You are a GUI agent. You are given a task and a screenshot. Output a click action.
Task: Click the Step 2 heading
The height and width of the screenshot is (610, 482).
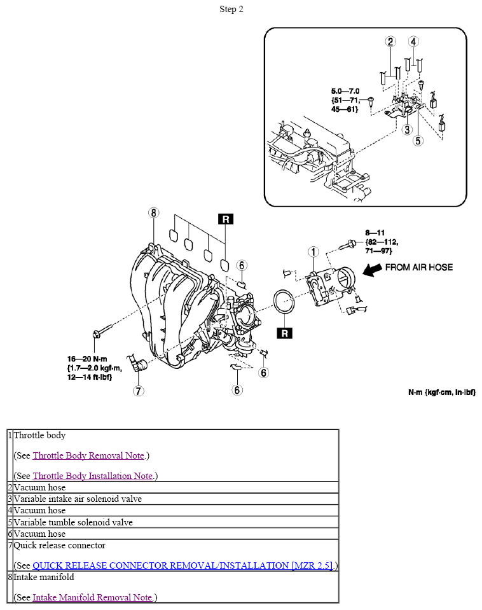pos(231,9)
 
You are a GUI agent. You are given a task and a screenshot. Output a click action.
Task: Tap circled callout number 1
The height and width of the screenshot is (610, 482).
pos(313,252)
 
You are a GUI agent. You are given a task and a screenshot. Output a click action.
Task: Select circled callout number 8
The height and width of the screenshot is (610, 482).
pos(153,212)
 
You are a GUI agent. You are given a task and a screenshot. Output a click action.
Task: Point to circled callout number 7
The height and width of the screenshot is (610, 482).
pos(139,391)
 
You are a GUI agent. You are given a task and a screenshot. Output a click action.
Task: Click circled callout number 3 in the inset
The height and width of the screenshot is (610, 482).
pos(407,129)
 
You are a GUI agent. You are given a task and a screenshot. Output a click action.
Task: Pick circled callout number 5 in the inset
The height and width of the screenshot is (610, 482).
pos(418,141)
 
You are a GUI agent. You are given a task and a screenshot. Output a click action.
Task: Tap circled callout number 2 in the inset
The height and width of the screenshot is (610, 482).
pos(390,42)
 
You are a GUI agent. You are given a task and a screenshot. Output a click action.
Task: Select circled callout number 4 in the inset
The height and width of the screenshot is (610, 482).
pos(413,42)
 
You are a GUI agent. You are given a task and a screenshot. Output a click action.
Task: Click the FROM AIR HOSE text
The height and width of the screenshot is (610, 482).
pos(419,267)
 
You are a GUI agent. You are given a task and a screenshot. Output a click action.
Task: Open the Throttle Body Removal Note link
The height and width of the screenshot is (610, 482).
pos(89,455)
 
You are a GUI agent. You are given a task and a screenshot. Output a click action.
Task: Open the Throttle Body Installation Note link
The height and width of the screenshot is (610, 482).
pos(93,476)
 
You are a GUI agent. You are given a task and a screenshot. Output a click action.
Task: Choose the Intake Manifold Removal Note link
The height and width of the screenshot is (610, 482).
pos(92,597)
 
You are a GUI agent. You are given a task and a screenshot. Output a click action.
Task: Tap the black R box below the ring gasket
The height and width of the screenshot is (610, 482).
pos(284,333)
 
